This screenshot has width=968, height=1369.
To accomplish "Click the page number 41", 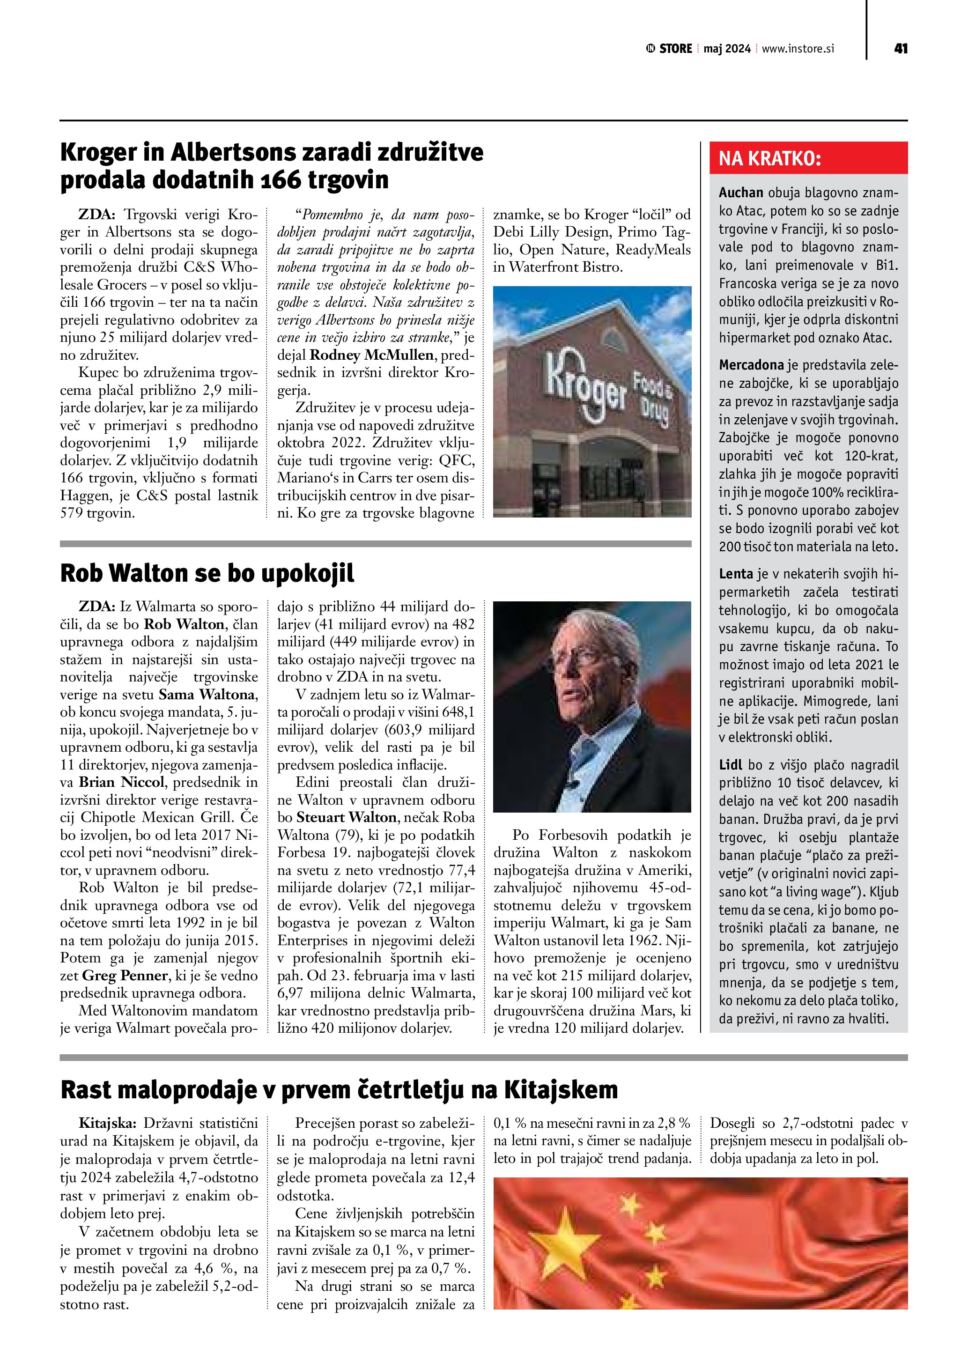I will pyautogui.click(x=900, y=49).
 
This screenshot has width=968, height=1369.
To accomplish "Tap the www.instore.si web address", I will pyautogui.click(x=798, y=49).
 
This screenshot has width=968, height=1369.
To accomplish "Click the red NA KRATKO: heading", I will pyautogui.click(x=769, y=159).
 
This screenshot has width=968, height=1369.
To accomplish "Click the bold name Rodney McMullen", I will pyautogui.click(x=371, y=355).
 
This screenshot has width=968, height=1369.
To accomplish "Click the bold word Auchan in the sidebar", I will pyautogui.click(x=741, y=192).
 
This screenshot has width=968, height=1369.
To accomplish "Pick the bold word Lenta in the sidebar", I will pyautogui.click(x=736, y=574).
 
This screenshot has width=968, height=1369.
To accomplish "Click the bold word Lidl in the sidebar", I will pyautogui.click(x=730, y=765).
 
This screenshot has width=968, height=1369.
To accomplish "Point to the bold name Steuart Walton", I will pyautogui.click(x=346, y=817).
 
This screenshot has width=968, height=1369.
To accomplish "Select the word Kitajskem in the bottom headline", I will pyautogui.click(x=561, y=1090).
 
